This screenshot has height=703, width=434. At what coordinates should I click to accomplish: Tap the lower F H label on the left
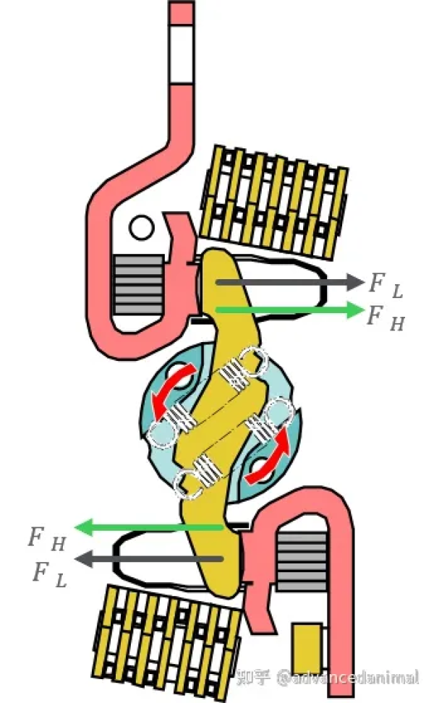coord(47,538)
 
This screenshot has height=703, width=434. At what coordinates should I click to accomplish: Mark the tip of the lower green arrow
coord(77,527)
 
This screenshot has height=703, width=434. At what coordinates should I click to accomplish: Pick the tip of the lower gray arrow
coord(77,558)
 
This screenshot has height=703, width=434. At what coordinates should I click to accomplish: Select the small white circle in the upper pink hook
coord(142,229)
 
